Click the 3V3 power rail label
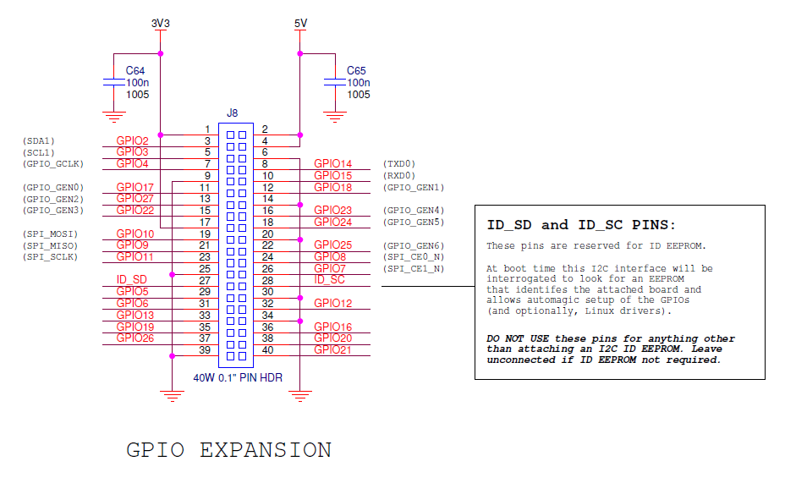[161, 24]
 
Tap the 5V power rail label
[300, 24]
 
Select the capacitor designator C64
[136, 70]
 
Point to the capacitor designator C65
[358, 70]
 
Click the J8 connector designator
[233, 113]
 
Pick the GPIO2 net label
[133, 140]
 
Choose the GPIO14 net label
[332, 163]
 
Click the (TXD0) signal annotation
[399, 163]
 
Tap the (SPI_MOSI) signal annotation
[50, 234]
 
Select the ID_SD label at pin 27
[131, 279]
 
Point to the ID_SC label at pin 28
[329, 279]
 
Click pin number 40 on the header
[268, 349]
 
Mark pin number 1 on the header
[207, 129]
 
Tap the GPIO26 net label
[135, 338]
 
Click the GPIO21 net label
[332, 349]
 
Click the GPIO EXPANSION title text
[228, 449]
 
